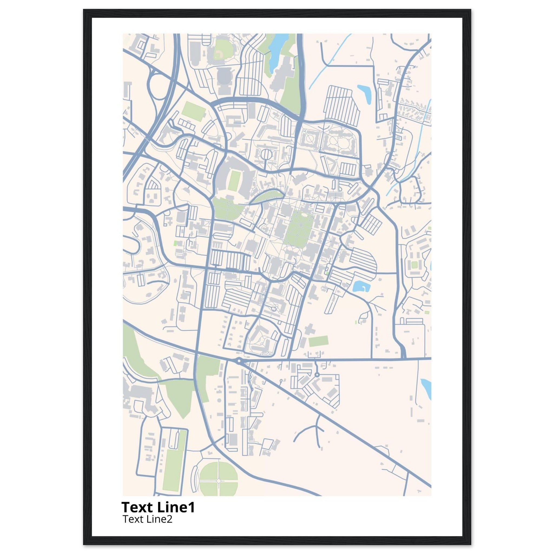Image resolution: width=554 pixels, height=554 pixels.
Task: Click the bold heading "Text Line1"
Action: [158, 507]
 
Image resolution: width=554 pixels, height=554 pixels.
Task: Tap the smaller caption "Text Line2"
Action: [147, 519]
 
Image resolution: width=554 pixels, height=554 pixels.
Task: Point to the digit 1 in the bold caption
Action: [191, 507]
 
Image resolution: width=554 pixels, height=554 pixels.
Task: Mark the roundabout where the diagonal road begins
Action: [239, 361]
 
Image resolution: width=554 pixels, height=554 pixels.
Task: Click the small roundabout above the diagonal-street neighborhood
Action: [316, 374]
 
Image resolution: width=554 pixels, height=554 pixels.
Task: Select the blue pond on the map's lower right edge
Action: [426, 388]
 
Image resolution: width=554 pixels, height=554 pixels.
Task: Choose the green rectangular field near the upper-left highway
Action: [192, 110]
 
